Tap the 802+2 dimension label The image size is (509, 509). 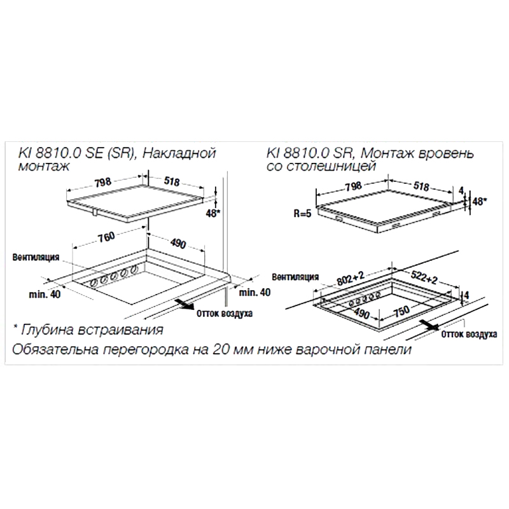[351, 279]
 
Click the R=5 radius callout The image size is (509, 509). [303, 213]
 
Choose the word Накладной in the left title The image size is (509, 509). [179, 153]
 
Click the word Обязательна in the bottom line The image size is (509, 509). [55, 349]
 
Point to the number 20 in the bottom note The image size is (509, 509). [220, 349]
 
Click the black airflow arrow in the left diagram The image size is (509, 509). [185, 305]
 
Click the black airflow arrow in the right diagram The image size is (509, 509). [430, 325]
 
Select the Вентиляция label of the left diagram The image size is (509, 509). [36, 257]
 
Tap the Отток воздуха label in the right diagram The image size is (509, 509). [469, 335]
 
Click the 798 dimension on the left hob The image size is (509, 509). [103, 183]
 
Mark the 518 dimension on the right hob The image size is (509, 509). [421, 186]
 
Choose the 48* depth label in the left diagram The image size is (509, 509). [213, 213]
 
